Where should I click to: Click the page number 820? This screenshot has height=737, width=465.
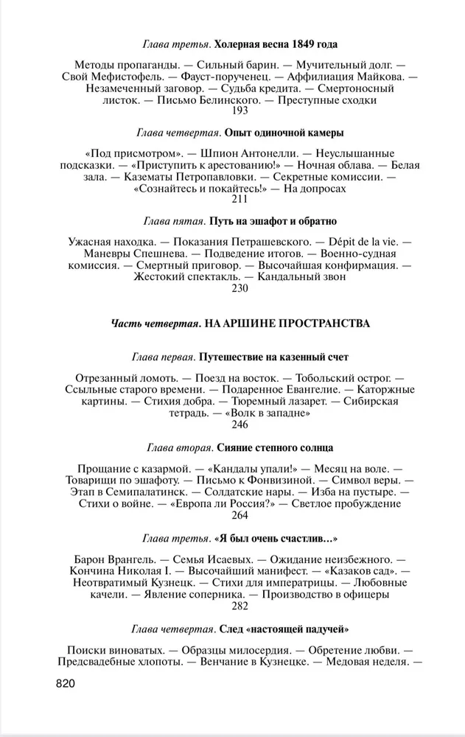tap(66, 684)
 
